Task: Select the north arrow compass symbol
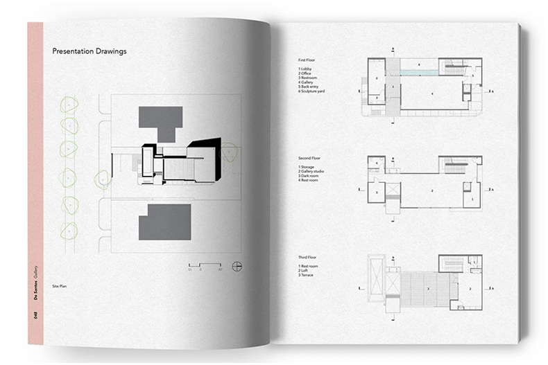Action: pos(237,266)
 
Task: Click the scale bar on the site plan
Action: pos(205,265)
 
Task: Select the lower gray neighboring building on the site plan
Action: pos(164,222)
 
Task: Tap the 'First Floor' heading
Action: pos(306,61)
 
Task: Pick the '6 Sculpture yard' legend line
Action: pos(311,91)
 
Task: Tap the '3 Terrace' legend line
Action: pos(306,275)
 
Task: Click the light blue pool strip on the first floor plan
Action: pos(420,71)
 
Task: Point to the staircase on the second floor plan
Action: pos(454,166)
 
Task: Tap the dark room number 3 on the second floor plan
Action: pos(377,192)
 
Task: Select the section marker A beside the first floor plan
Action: pos(493,91)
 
